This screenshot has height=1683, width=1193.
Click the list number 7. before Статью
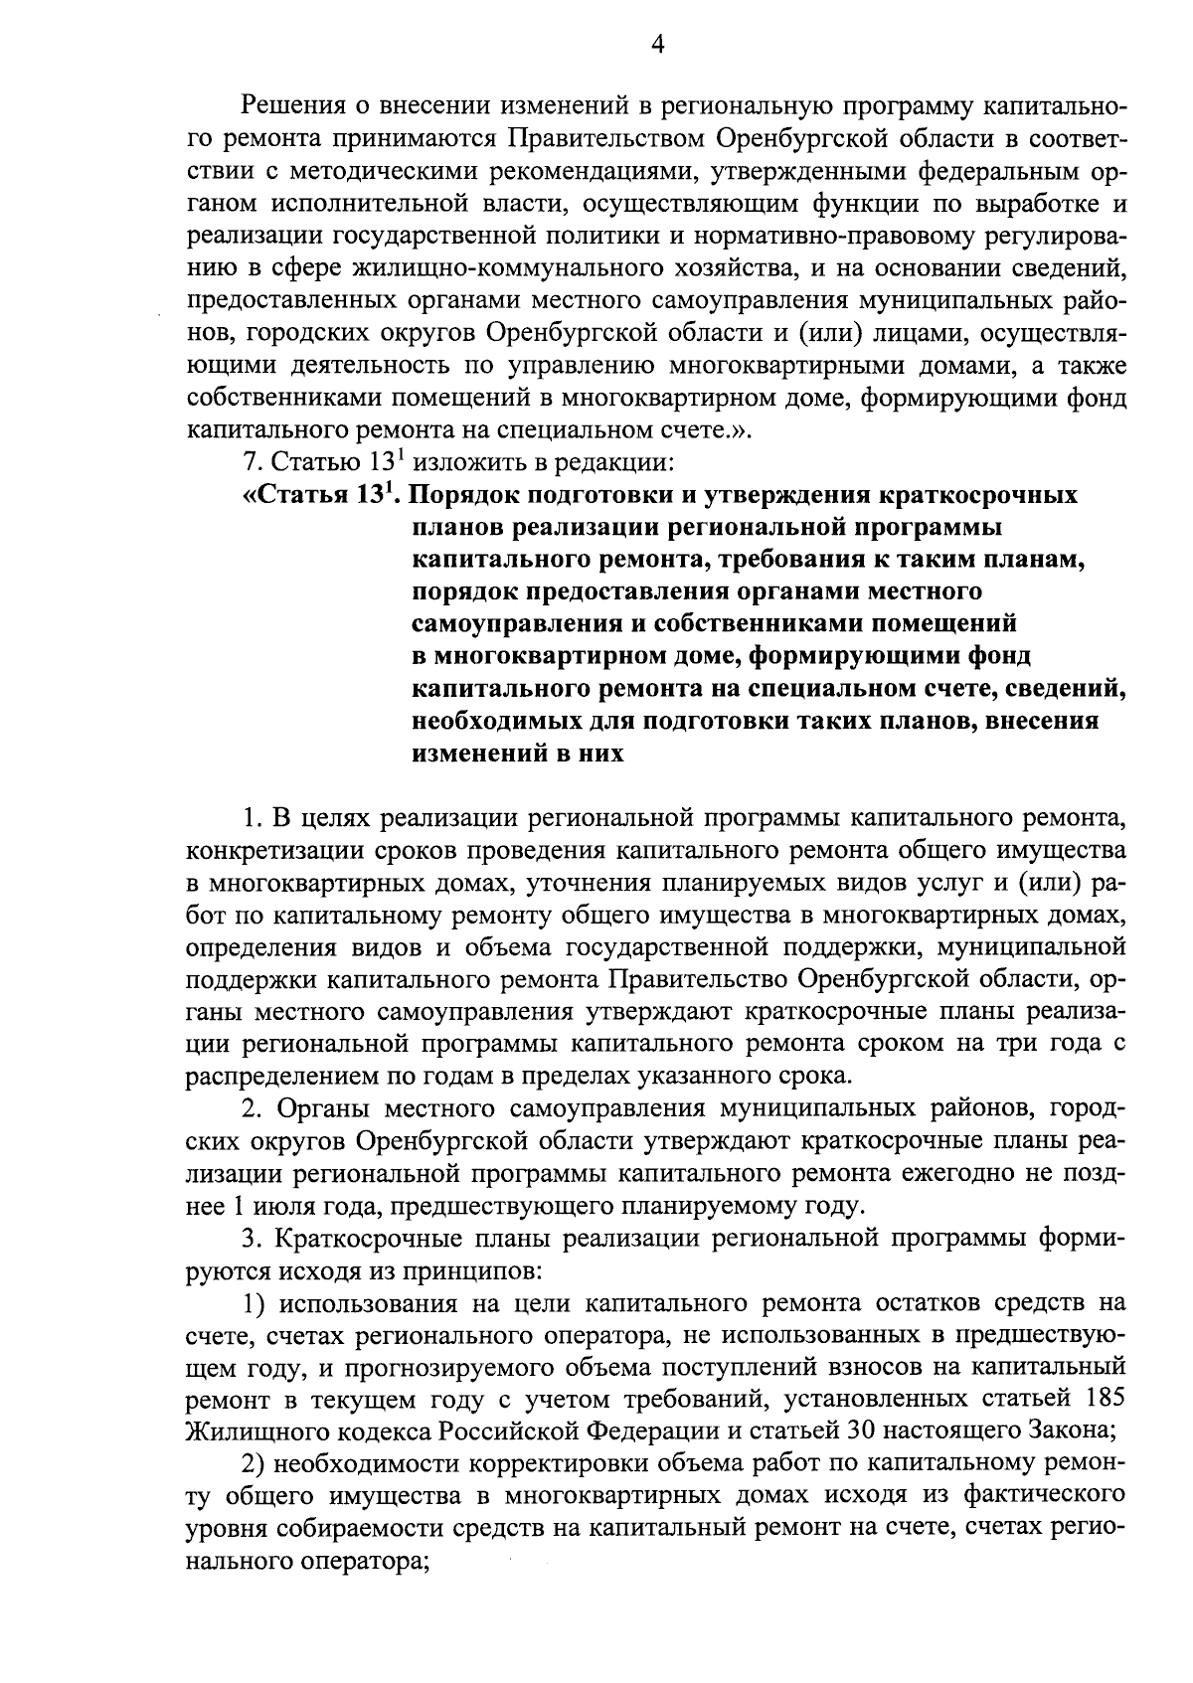254,462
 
